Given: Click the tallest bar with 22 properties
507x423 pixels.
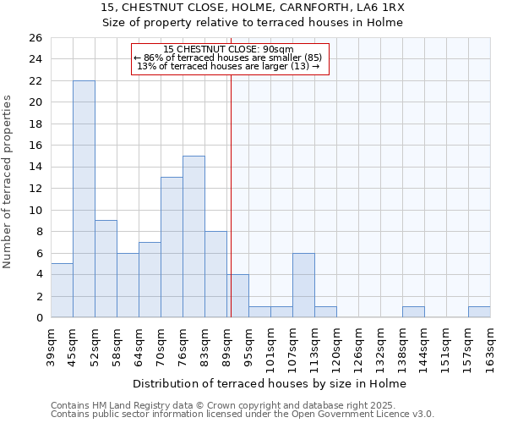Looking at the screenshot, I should click(x=84, y=199).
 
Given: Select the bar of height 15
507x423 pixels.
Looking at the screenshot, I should click(x=194, y=237).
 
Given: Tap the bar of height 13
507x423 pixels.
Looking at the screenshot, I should click(x=172, y=247).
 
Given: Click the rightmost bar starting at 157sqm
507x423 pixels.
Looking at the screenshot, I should click(x=479, y=312).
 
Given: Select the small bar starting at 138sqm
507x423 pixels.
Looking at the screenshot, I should click(x=413, y=312).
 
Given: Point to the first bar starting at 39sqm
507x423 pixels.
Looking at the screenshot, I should click(x=62, y=290).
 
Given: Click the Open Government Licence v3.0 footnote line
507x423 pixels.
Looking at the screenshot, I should click(x=243, y=414).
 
